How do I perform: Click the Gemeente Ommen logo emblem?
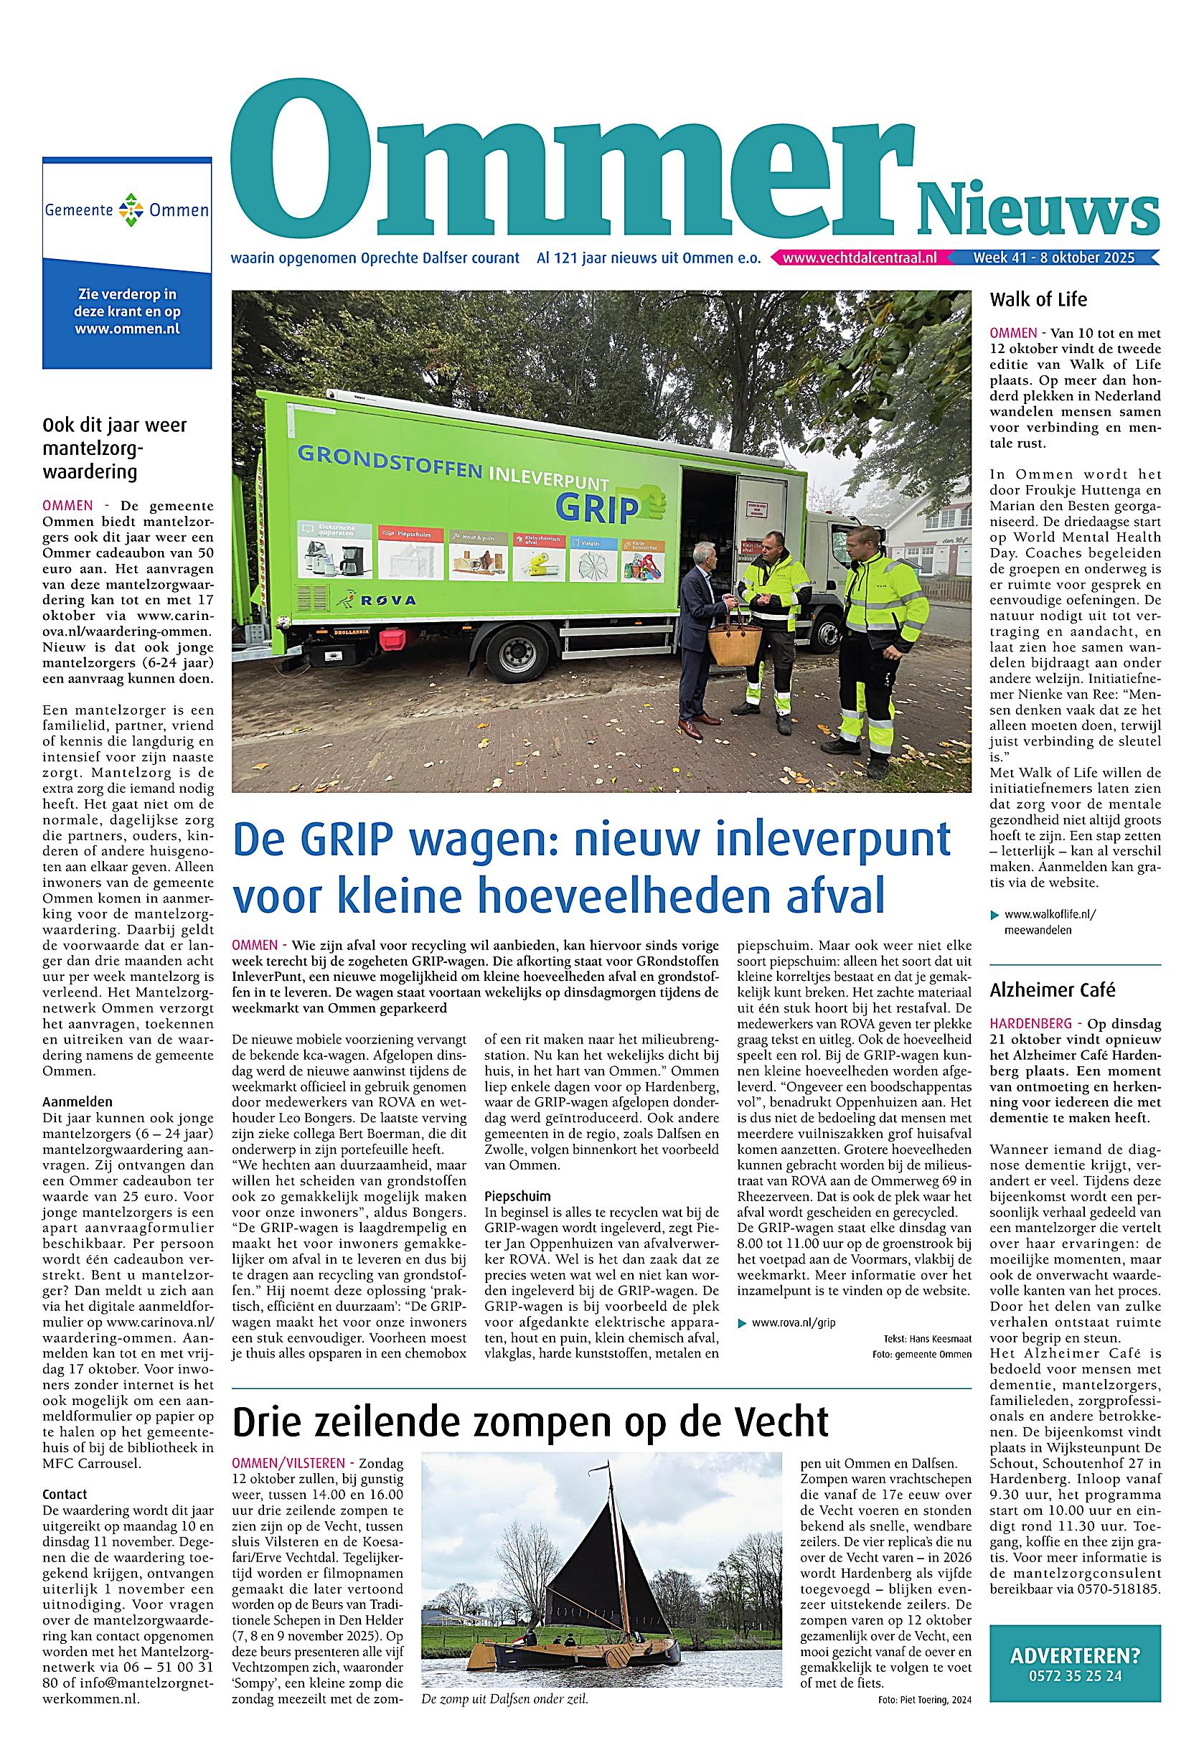click(127, 210)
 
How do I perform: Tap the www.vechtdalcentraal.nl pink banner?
click(859, 258)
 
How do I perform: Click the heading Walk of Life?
click(1038, 300)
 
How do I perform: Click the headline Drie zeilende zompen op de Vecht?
click(530, 1421)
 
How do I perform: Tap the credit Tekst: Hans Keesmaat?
click(926, 1339)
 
